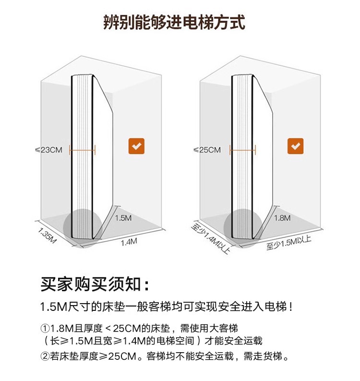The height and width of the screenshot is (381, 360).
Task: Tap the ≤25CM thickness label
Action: coord(207,150)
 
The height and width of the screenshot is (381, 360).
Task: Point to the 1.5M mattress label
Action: coord(123,218)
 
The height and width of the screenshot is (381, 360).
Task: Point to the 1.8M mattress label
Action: coord(282,218)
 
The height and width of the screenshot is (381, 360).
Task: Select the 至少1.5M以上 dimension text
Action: coord(289,243)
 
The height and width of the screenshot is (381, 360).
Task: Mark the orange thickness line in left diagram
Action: coord(83,150)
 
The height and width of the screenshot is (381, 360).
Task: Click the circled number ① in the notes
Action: coord(45,329)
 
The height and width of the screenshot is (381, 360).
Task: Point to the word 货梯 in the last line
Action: coord(275,356)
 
